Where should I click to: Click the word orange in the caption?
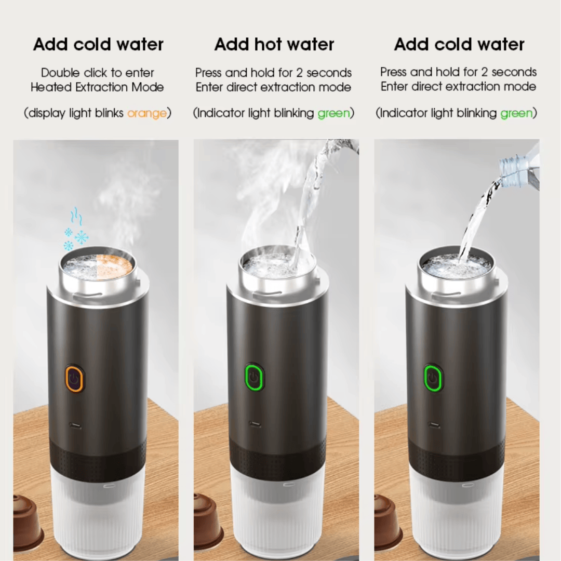pos(146,113)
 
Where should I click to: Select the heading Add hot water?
pos(274,45)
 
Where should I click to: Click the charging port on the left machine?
pos(76,426)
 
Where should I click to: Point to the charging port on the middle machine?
pos(255,424)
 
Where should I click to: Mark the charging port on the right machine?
pos(434,424)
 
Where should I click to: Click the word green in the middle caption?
pos(333,113)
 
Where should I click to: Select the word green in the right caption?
pos(516,113)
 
